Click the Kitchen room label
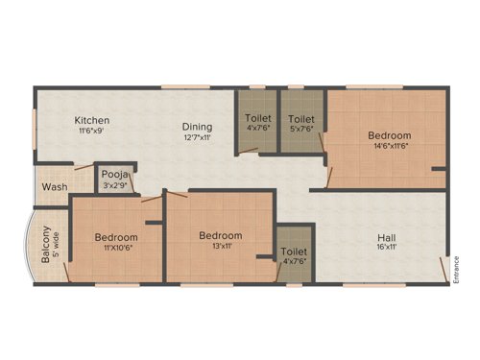click(92, 121)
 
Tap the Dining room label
click(197, 126)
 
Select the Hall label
click(387, 237)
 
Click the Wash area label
click(55, 186)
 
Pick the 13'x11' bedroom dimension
click(220, 247)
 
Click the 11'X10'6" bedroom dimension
click(115, 249)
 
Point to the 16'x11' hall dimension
click(387, 248)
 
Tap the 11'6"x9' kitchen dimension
click(93, 132)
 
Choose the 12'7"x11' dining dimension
click(197, 137)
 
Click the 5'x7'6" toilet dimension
click(301, 132)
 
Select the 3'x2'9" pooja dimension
click(116, 186)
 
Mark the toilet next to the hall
click(295, 252)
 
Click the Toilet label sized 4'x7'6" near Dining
click(258, 121)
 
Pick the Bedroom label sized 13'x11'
click(220, 235)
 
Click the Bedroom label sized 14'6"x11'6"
click(389, 135)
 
